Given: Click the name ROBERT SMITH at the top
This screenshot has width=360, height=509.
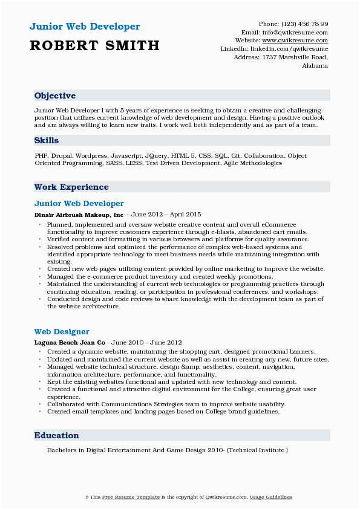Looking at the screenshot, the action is tap(94, 45).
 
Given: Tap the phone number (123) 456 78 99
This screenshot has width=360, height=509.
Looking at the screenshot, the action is tap(303, 24).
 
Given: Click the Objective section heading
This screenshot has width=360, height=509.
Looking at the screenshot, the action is tap(55, 96).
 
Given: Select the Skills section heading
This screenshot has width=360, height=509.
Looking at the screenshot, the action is tap(47, 140).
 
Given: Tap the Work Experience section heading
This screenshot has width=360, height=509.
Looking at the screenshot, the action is tap(71, 187).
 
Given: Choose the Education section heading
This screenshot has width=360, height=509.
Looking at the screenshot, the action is tap(57, 435).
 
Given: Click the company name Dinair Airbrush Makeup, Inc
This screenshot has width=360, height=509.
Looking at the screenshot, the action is tap(79, 215).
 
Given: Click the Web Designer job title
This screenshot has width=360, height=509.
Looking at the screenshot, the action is tap(62, 331).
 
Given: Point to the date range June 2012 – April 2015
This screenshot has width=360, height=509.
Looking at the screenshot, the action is tap(166, 215).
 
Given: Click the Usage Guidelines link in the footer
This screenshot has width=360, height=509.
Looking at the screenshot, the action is tap(272, 498).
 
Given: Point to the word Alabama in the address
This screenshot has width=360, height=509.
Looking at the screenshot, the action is tap(315, 65).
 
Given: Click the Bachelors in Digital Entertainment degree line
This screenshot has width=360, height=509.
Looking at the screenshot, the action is tap(167, 450).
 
